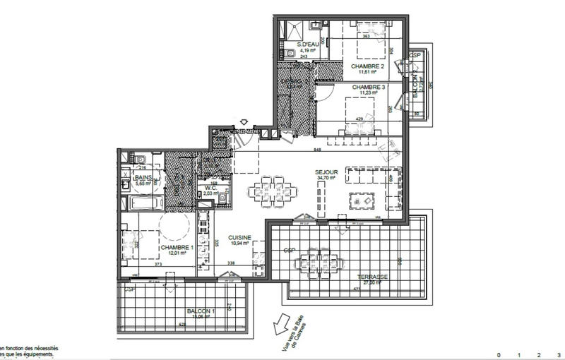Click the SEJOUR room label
pos(327,172)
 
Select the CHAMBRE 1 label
pos(176,247)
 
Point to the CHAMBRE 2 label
pos(367,66)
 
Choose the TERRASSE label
pos(371,277)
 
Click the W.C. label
pos(210,187)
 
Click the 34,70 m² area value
pos(328,178)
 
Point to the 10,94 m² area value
pos(239,244)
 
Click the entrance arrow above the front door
pos(244,121)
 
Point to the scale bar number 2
pos(538,354)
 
